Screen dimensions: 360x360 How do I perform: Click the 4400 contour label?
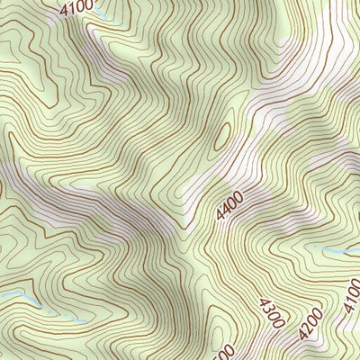point(230,211)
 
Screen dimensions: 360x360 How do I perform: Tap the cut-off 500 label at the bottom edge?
point(225,352)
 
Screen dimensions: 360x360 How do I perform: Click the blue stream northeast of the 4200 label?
point(328,248)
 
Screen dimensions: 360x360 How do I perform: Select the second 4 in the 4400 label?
point(227,213)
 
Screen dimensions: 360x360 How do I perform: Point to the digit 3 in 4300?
point(266,308)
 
